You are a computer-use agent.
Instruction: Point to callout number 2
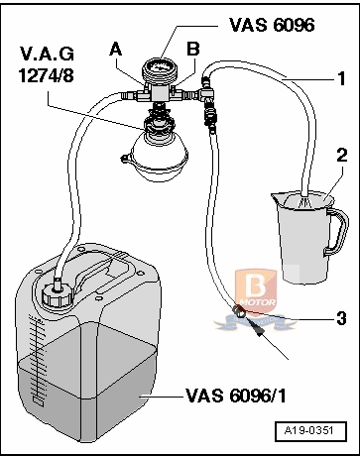(340, 155)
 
